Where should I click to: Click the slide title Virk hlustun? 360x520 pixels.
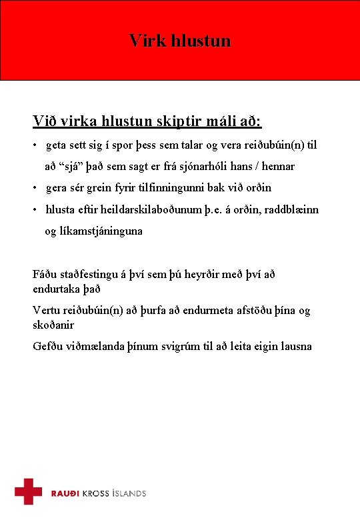tap(180, 41)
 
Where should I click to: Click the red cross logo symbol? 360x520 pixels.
tap(29, 491)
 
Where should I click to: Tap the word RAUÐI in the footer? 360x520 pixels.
tap(66, 493)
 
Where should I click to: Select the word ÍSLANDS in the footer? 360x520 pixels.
tap(128, 493)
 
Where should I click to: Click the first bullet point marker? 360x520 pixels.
tap(36, 145)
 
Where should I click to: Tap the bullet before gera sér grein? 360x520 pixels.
tap(36, 188)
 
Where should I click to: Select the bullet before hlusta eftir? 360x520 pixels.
tap(36, 210)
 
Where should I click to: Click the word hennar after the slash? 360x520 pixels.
tap(275, 166)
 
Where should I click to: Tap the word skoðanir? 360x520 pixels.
tap(53, 325)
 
